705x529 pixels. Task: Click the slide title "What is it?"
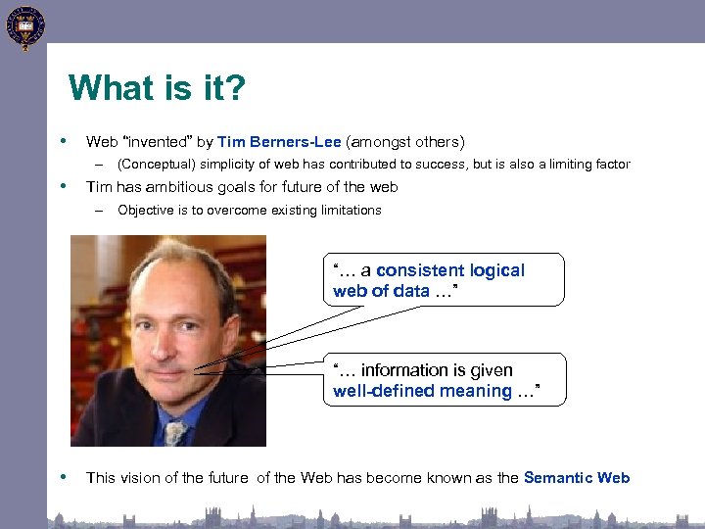tap(157, 89)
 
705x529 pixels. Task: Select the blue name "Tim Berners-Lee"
tap(279, 141)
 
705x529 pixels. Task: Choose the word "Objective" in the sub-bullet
tap(145, 211)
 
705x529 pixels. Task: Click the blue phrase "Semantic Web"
tap(577, 478)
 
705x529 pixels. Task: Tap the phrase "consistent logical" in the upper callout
tap(450, 270)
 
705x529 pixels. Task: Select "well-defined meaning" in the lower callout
tap(422, 391)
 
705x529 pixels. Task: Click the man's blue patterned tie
tap(175, 432)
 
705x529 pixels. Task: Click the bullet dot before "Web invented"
tap(64, 140)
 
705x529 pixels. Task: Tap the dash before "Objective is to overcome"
tap(99, 211)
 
